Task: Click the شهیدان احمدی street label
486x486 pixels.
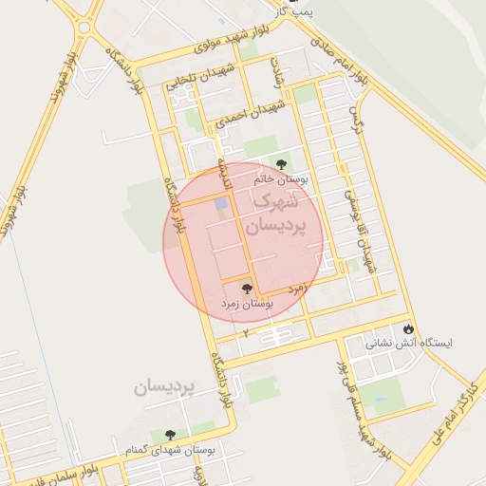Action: point(250,113)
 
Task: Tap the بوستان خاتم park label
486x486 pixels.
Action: point(278,178)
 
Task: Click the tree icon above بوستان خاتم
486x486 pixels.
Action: point(279,164)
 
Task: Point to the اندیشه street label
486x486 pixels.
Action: point(224,172)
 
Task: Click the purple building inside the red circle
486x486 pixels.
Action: point(221,204)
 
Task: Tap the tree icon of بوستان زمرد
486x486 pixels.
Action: point(246,289)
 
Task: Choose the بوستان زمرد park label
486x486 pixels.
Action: point(247,304)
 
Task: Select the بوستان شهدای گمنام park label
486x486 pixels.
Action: point(170,450)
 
